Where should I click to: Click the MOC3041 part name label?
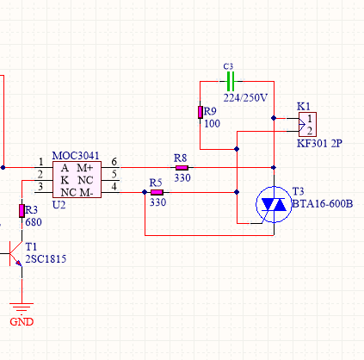point(76,156)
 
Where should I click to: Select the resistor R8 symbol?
point(182,168)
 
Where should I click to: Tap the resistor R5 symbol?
point(157,192)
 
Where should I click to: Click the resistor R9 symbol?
point(201,112)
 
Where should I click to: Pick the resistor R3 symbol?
point(22,211)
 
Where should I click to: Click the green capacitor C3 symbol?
point(231,82)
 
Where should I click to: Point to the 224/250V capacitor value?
point(245,98)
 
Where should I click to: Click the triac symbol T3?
point(274,204)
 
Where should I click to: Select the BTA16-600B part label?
point(323,204)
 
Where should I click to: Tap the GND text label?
point(22,322)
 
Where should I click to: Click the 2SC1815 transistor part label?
point(46,259)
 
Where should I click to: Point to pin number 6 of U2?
point(114,162)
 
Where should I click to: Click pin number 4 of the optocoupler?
point(114,186)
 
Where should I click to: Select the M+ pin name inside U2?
point(85,168)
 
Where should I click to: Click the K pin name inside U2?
point(65,180)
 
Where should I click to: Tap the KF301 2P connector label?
point(319,143)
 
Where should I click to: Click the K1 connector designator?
point(304,107)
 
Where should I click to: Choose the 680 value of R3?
point(34,222)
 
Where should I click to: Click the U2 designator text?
point(59,205)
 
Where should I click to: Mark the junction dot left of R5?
point(145,192)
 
